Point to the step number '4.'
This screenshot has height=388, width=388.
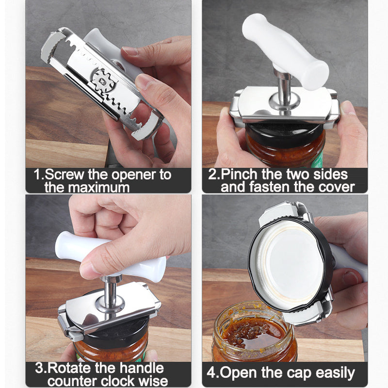212,373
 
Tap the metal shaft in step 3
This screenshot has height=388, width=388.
111,293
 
